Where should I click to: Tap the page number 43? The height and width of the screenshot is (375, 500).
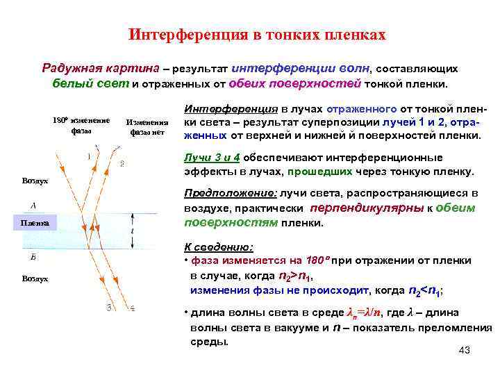tap(465, 350)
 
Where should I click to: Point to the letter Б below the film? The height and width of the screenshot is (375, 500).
tap(34, 257)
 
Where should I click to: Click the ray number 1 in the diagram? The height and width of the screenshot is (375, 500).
tap(88, 156)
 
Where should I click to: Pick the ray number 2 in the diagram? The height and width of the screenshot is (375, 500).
tap(122, 164)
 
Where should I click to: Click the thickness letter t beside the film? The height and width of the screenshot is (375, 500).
tap(132, 231)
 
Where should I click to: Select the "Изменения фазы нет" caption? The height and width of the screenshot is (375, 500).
tap(147, 126)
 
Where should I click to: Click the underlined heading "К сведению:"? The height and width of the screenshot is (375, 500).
tap(218, 247)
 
